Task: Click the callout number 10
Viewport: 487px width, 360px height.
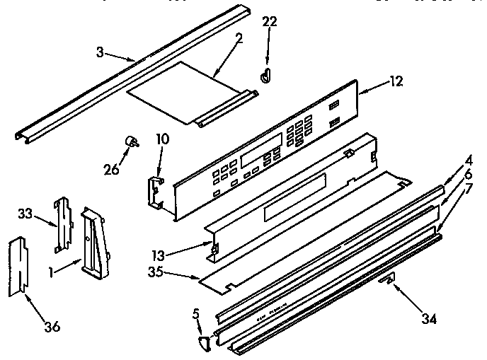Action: (x=162, y=139)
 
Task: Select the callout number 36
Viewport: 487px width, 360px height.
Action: (x=52, y=326)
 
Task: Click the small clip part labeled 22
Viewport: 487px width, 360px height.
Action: (x=265, y=76)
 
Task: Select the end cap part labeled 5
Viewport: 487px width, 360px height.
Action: (x=205, y=343)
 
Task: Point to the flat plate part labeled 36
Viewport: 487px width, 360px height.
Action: (x=18, y=267)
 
